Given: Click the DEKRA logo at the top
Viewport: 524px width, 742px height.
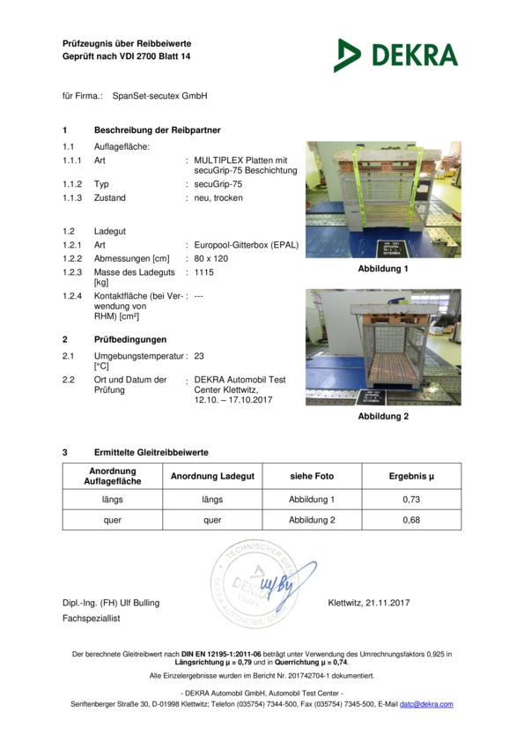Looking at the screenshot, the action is pos(395,55).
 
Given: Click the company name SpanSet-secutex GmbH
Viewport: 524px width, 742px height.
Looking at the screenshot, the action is pos(154,95).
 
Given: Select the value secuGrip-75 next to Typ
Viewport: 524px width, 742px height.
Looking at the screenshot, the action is pos(218,184).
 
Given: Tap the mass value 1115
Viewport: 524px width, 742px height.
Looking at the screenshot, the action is pos(203,273).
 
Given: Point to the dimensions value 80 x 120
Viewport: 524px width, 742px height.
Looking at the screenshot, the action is pos(212,259).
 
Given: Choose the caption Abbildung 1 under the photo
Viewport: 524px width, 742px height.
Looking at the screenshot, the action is pos(383,269).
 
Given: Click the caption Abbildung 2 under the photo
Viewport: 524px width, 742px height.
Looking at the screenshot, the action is pos(383,416).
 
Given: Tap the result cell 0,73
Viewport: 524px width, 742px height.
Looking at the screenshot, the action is pos(411,500).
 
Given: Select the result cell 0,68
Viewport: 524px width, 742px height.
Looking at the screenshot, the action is pos(411,520).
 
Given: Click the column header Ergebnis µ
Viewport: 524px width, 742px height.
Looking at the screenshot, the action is pos(411,476).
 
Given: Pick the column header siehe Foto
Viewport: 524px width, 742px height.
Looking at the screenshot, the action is pos(312,476).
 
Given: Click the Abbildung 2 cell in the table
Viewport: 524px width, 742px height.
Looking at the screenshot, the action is pos(312,520).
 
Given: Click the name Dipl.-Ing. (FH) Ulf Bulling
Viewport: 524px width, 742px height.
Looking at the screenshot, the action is pos(111,603).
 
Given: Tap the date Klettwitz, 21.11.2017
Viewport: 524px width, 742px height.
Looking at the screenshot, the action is pos(368,603).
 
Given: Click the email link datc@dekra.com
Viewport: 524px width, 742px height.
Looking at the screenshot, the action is pos(426,704).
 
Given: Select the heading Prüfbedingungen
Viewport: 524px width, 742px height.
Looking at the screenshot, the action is pos(130,338).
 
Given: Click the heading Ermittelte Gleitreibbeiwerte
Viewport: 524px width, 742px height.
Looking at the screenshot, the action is pos(151,452).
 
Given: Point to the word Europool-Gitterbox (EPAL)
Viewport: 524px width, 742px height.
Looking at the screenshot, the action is pos(246,245).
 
